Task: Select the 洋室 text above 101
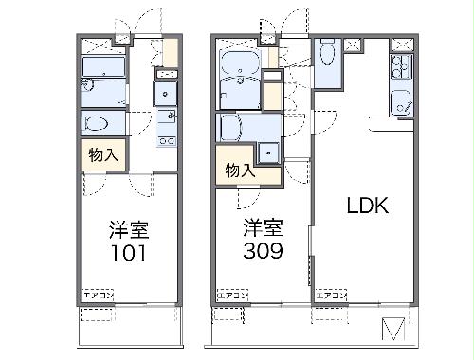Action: (x=131, y=229)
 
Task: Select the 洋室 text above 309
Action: (x=261, y=227)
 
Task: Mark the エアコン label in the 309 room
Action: (x=233, y=296)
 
